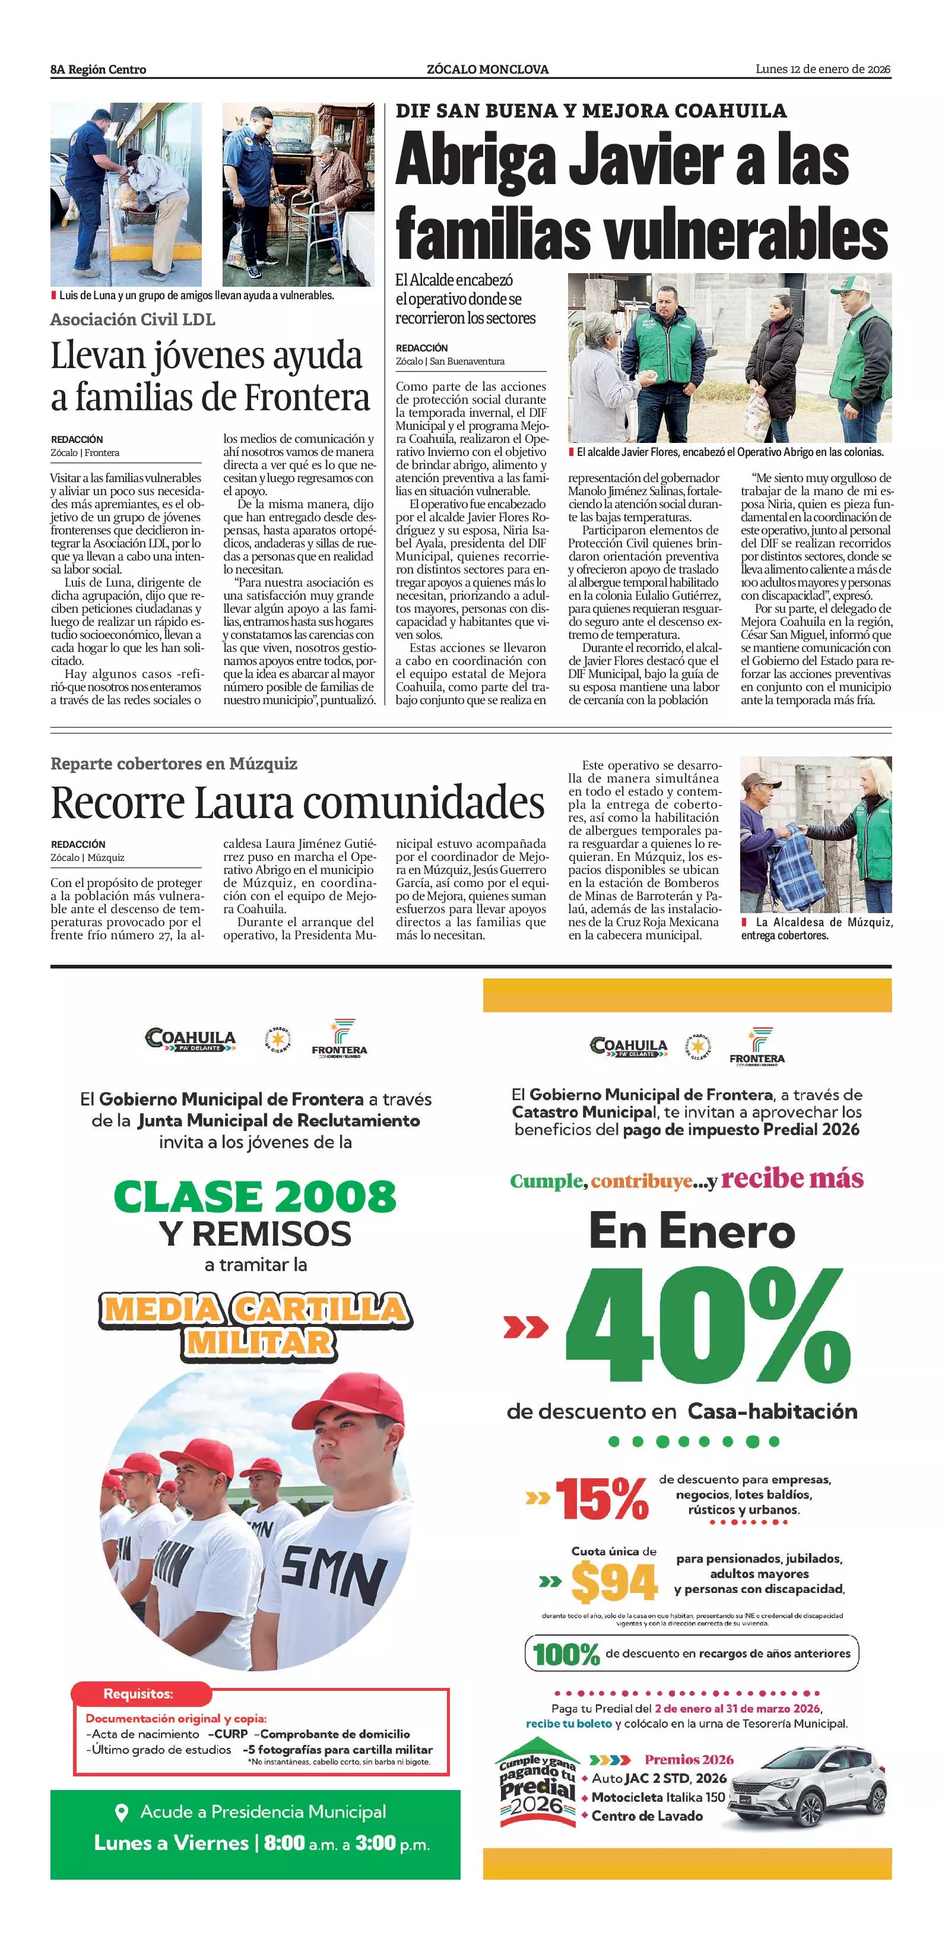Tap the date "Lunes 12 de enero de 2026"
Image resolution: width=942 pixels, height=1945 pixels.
[x=823, y=69]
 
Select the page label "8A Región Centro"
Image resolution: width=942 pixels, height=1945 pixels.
[x=98, y=69]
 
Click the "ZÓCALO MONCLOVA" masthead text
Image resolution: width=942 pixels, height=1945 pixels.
[x=487, y=69]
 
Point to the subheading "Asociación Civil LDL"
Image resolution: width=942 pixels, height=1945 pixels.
[x=133, y=319]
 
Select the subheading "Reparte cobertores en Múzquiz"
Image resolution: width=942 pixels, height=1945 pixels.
[x=173, y=764]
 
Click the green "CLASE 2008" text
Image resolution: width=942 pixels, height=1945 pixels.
[x=255, y=1197]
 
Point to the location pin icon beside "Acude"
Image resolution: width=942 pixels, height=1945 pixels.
[x=120, y=1812]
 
